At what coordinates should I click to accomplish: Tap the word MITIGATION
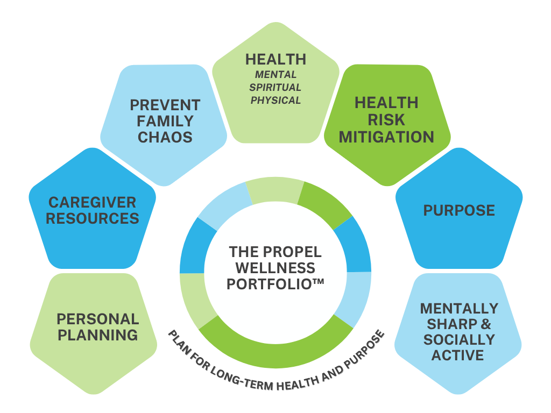coord(386,137)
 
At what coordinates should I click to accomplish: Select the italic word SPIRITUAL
coord(275,87)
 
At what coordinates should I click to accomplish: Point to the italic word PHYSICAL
coord(275,100)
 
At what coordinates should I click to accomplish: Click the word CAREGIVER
coord(92,202)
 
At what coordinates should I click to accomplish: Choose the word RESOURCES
coord(92,218)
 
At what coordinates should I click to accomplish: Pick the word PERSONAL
coord(97,318)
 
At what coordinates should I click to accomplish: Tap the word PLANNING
coord(97,335)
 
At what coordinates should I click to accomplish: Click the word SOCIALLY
coord(459,340)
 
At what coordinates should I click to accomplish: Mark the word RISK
coord(386,120)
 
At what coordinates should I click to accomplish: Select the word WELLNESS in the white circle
coord(275,267)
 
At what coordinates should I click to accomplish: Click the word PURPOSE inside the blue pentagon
coord(459,210)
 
